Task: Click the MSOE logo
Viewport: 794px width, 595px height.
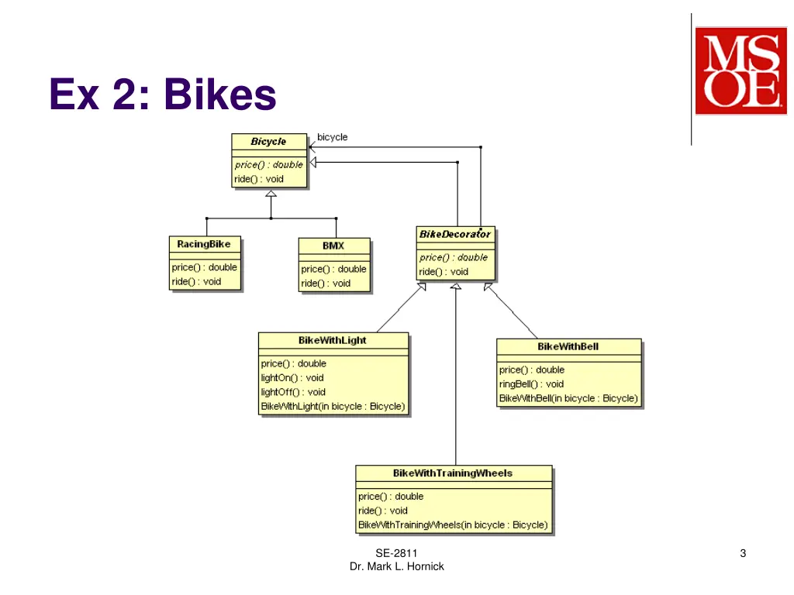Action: (736, 71)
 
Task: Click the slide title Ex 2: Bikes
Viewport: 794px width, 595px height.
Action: (163, 95)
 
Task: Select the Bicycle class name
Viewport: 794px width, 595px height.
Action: (268, 142)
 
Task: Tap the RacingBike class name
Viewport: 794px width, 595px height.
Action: (204, 244)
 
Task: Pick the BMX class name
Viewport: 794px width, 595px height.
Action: (333, 246)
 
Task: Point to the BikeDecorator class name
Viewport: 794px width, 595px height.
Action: (455, 234)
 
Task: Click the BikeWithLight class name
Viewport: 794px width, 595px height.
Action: (333, 340)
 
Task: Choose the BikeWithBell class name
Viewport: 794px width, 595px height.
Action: (568, 346)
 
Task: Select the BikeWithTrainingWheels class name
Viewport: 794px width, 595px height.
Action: (453, 473)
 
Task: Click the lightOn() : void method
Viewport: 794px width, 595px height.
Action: (292, 378)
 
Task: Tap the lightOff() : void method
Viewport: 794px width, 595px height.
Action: (293, 392)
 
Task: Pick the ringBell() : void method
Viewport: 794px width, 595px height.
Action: (532, 384)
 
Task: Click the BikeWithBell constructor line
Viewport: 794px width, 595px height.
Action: (568, 398)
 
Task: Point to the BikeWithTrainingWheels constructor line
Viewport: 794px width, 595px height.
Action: (453, 524)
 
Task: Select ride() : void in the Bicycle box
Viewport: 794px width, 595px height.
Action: (259, 179)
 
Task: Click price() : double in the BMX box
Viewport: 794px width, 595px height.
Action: (333, 269)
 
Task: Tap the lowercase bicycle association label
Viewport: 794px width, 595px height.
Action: (333, 137)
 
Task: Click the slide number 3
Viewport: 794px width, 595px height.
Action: (743, 553)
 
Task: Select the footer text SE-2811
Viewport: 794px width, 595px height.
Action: (396, 553)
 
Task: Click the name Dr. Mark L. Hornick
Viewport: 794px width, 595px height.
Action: (396, 566)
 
